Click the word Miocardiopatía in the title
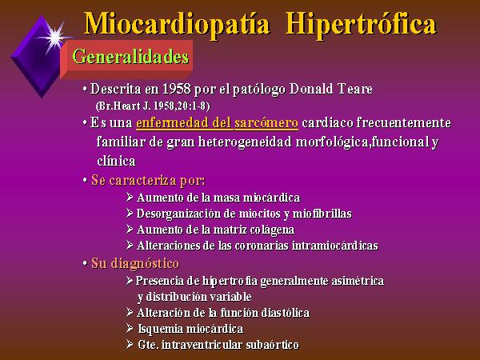(177, 25)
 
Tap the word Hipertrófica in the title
(361, 25)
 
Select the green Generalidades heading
(130, 57)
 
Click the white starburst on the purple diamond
(54, 38)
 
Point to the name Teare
(355, 89)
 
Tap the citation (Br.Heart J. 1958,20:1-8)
(153, 106)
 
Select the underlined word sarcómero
(266, 122)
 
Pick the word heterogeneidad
(245, 142)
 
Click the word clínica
(116, 161)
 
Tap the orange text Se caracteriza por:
(148, 180)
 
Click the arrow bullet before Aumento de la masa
(130, 197)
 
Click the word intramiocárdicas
(335, 246)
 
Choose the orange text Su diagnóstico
(135, 263)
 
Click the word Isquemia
(160, 329)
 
